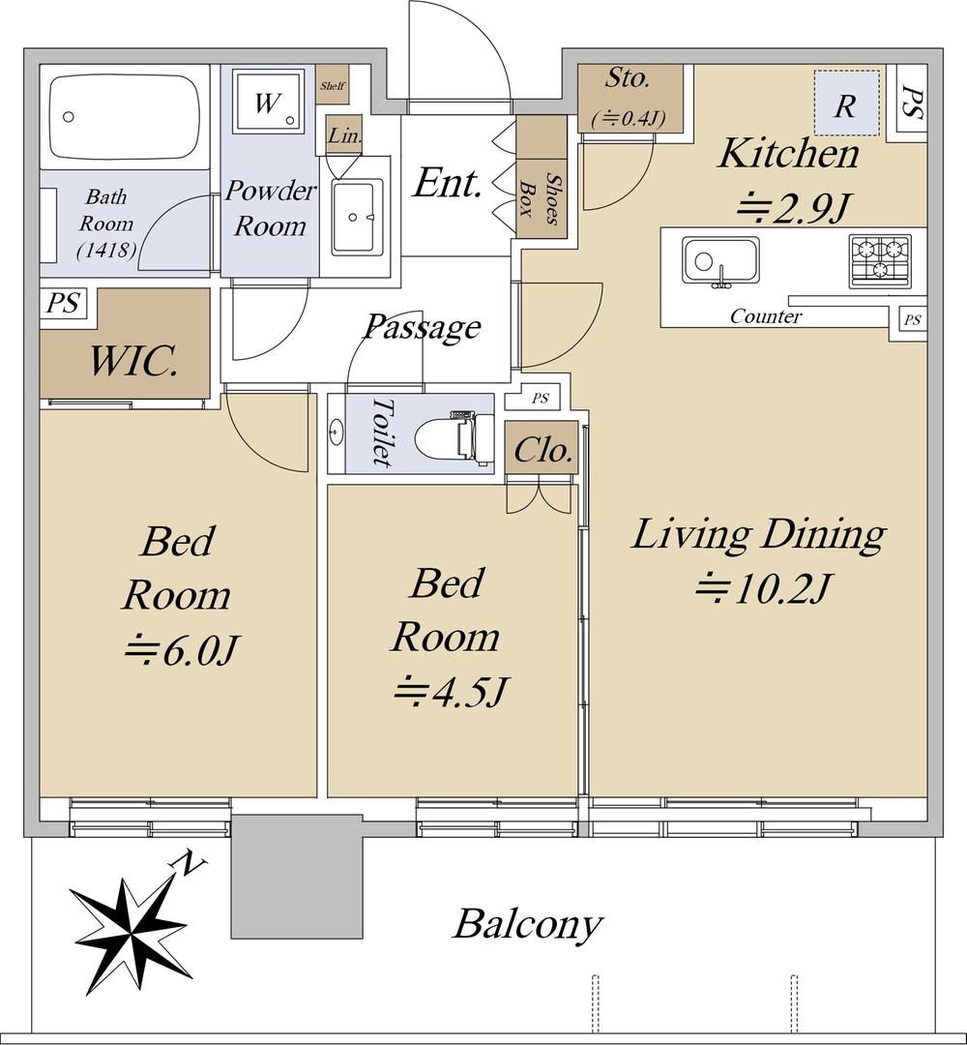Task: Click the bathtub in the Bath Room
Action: tap(125, 117)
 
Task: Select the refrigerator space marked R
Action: tap(846, 104)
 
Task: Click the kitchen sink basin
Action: tap(719, 260)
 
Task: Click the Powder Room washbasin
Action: tap(358, 216)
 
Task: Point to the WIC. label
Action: tap(132, 361)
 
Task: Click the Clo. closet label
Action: tap(542, 451)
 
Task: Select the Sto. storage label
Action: tap(627, 78)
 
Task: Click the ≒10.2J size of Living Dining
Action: tap(762, 588)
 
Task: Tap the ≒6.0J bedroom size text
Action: tap(180, 650)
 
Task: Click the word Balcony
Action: tap(527, 924)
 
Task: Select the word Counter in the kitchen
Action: tap(765, 315)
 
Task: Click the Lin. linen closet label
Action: tap(345, 135)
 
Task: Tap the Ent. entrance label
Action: tap(447, 183)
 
